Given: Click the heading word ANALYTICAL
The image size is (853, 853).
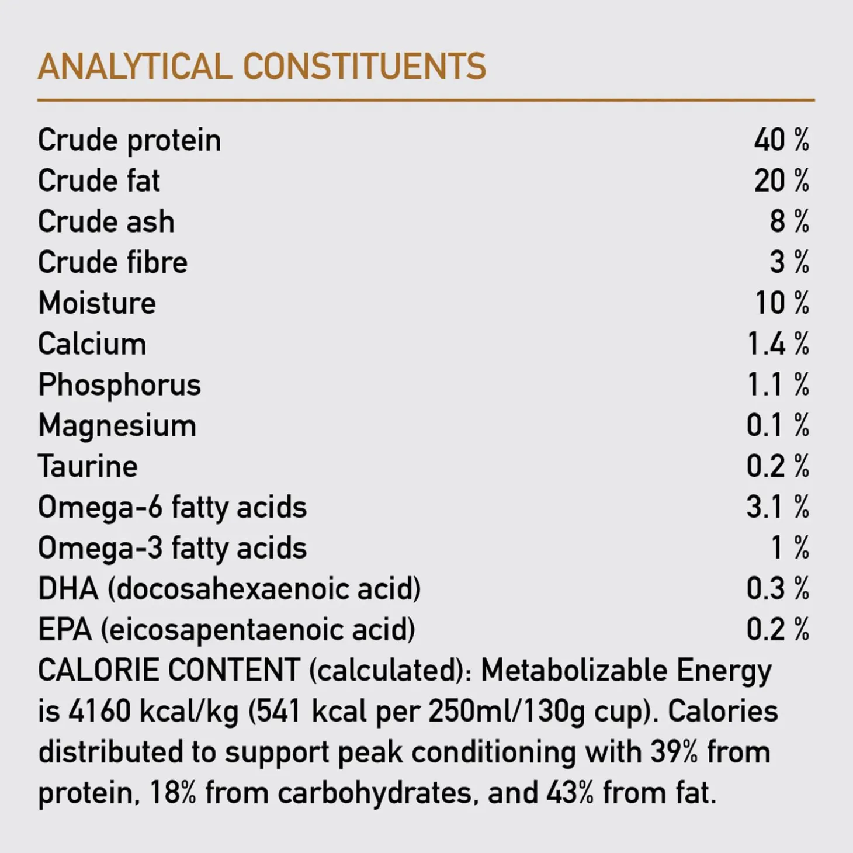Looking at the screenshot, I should [x=134, y=66].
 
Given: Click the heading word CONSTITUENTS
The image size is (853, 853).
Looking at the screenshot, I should [x=364, y=66].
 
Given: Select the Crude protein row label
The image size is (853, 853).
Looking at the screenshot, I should [x=129, y=141].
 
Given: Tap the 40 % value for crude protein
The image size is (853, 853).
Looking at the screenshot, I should [x=781, y=140].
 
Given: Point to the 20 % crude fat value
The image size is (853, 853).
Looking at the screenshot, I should [x=781, y=181].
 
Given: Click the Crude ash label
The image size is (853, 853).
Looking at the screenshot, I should [x=106, y=222].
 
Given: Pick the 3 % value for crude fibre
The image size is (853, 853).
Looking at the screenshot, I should [x=789, y=262].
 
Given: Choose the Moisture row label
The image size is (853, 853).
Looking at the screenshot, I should [x=97, y=303].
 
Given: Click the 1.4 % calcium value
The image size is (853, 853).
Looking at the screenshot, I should [x=778, y=344].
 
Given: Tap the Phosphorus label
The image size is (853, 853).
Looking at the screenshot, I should [x=119, y=385].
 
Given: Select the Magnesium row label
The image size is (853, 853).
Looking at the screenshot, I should [x=117, y=426].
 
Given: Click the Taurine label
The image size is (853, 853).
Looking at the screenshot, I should [x=88, y=467].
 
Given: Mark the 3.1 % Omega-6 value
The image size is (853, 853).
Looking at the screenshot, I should [x=777, y=507].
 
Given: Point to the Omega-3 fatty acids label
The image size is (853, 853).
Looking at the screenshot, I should [x=172, y=548].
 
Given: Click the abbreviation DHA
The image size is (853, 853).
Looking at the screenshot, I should [x=68, y=589].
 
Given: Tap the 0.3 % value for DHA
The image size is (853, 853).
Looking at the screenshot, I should [x=777, y=589].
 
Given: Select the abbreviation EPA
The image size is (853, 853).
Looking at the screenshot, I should [x=64, y=630].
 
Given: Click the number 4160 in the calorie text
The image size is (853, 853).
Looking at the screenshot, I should [x=99, y=712].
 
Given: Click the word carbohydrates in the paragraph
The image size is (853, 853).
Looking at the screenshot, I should [x=374, y=793].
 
